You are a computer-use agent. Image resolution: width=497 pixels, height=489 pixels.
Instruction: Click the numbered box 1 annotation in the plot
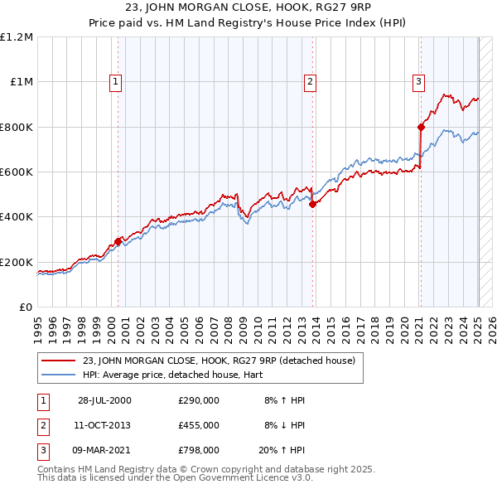(x=115, y=81)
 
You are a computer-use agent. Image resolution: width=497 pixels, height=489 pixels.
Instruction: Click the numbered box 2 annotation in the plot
(x=309, y=81)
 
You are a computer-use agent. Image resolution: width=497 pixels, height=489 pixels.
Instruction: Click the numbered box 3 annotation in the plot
(x=418, y=81)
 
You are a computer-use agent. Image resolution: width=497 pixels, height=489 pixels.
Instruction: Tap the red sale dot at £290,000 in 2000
(x=118, y=241)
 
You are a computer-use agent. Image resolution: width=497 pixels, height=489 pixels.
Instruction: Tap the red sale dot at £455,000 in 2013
(x=312, y=205)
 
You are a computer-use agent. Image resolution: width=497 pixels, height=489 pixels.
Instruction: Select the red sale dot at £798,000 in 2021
(x=420, y=127)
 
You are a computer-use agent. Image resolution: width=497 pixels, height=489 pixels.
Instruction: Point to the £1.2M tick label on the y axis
(x=17, y=37)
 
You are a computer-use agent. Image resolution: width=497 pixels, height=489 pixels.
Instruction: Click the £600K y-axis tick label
(x=17, y=172)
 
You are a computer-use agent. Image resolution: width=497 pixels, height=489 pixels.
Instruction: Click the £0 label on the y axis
(x=25, y=307)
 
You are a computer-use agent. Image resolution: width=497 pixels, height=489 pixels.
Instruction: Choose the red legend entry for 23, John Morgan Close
(x=219, y=360)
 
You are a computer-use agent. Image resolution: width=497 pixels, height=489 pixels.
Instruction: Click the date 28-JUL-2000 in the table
(x=104, y=400)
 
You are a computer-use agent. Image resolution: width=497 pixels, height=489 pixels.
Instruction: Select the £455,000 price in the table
(x=199, y=424)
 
